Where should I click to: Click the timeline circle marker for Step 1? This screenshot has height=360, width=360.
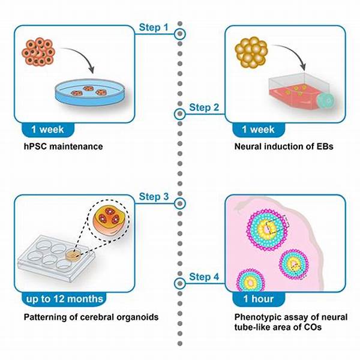(x=179, y=34)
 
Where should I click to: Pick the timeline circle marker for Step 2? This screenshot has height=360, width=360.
(x=179, y=114)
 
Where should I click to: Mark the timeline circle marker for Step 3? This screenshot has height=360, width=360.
(x=179, y=203)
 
